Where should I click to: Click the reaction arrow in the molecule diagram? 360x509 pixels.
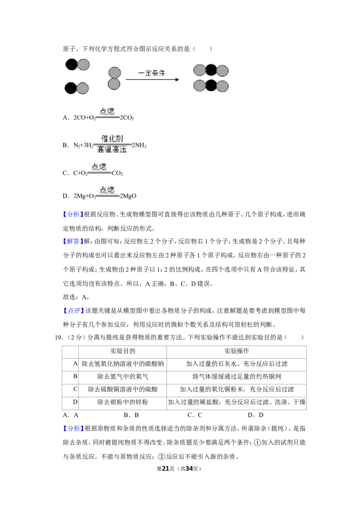pos(152,80)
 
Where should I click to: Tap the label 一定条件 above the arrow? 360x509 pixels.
pos(152,73)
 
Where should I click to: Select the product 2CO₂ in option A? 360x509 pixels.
pos(127,118)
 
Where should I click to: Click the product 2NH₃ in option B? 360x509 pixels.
pos(139,145)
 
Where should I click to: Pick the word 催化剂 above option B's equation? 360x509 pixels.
pos(112,139)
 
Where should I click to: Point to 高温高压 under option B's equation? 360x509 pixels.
pos(112,150)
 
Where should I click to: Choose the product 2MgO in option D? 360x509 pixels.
pos(128,196)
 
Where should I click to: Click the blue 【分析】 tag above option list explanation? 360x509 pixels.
pos(73,214)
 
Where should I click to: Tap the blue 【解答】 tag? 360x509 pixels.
pos(73,241)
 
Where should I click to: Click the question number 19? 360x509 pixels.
pos(59,338)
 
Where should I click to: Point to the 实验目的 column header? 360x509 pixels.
pos(122,351)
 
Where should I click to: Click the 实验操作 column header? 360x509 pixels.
pos(237,351)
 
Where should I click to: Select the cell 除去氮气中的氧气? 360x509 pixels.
pos(122,376)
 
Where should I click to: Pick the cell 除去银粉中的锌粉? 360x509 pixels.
pos(122,402)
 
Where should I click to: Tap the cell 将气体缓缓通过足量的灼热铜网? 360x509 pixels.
pos(237,376)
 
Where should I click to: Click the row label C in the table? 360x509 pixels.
pos(76,389)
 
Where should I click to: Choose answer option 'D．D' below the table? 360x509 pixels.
pos(256,415)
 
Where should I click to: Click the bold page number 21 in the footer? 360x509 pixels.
pos(166,469)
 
